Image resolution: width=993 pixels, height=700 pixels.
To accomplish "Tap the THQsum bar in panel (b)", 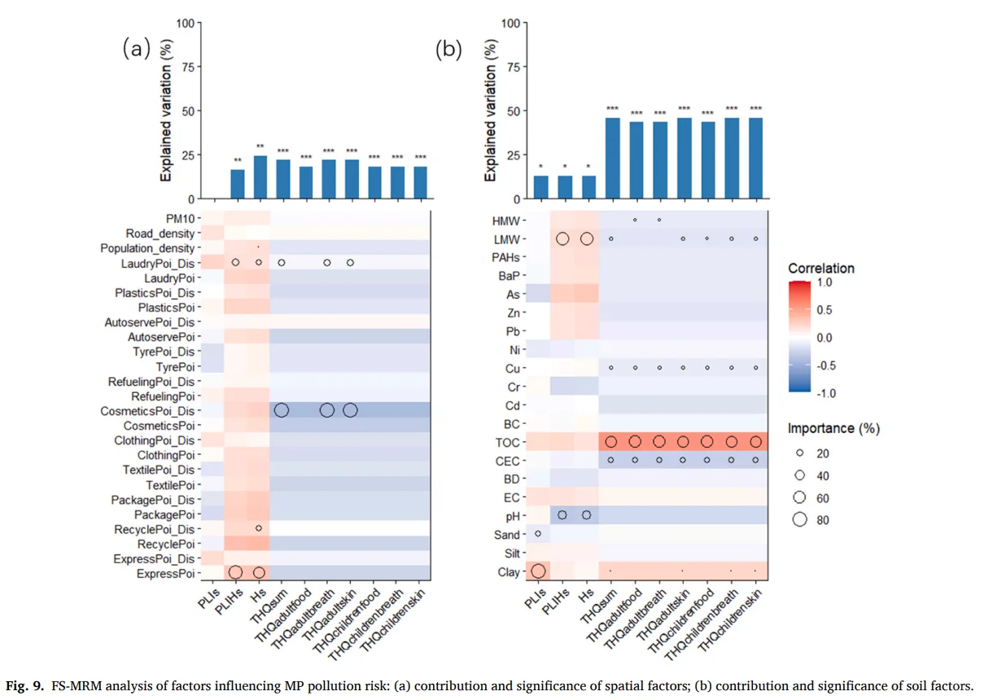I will [611, 159].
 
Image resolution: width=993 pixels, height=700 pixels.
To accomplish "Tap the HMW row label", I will [507, 221].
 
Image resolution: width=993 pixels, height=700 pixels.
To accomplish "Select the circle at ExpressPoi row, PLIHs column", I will [235, 572].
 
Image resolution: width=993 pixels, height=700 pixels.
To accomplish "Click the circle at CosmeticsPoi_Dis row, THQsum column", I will [282, 410].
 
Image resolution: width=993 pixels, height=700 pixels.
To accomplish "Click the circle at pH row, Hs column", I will [587, 515].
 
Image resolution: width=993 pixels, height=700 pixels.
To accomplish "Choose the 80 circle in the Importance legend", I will [799, 520].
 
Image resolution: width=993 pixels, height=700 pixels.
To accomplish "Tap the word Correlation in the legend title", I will [821, 267].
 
